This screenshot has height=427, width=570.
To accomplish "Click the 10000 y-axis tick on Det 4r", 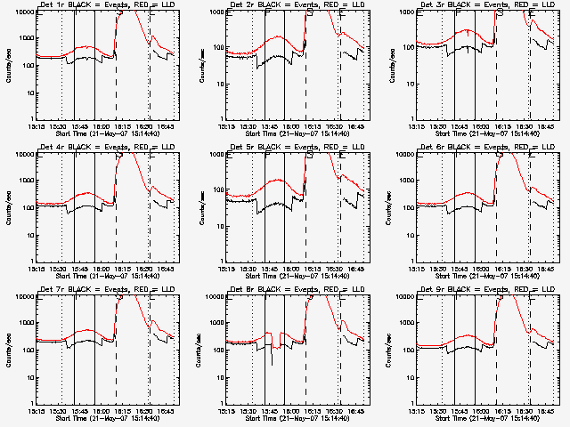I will click(x=20, y=154).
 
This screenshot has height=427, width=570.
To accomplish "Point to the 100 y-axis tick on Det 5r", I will click(x=214, y=208).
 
